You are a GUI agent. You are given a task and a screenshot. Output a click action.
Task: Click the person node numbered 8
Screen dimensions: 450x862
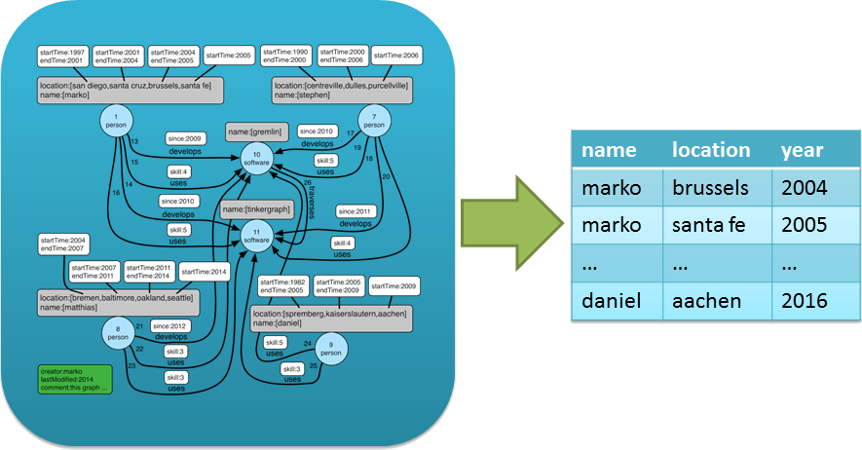(x=118, y=336)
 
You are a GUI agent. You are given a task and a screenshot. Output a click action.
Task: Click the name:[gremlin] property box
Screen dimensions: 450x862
(x=255, y=130)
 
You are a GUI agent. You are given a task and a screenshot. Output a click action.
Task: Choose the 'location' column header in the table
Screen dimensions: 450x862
(x=710, y=150)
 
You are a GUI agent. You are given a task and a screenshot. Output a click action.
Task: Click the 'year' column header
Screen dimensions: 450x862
(x=802, y=150)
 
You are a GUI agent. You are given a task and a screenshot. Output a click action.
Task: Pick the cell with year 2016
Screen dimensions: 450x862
(x=804, y=301)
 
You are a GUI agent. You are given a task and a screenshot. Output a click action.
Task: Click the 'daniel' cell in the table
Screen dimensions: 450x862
(x=612, y=301)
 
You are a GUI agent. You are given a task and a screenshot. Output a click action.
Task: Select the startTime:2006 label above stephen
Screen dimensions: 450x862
(x=394, y=56)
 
